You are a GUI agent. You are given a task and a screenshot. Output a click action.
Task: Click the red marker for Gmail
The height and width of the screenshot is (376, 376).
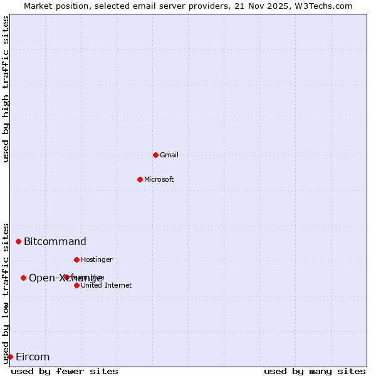coord(155,155)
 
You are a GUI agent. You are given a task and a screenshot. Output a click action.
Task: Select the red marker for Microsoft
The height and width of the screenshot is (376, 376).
coord(140,179)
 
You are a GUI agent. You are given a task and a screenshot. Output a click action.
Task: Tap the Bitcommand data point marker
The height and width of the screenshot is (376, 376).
coord(18,241)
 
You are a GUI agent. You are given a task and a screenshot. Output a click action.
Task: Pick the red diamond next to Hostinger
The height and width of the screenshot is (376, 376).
coord(76,259)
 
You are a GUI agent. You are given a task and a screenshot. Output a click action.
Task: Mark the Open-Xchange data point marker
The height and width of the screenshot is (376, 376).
coord(23,278)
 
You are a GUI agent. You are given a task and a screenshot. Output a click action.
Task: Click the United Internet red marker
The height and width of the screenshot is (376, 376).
coord(76,285)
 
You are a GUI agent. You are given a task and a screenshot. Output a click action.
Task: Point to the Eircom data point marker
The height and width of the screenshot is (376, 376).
coord(10,357)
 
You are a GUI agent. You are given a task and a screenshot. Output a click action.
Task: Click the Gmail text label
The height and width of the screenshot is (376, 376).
coord(169,155)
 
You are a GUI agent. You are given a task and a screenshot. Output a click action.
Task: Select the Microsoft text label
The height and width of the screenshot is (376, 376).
coord(159,179)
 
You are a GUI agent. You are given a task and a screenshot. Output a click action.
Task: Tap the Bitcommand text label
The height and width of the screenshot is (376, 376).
coord(55,241)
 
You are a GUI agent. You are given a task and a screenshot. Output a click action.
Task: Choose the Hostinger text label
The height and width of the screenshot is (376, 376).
coord(97,259)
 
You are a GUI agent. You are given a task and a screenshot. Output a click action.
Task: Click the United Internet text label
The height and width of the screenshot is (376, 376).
coord(106,285)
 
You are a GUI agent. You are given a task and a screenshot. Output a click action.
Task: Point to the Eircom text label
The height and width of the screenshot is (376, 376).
coord(33,357)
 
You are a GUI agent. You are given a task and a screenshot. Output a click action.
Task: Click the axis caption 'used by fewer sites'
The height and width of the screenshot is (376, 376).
coord(65,371)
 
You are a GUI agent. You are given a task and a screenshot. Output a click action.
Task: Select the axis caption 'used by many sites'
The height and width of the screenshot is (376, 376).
coord(315,371)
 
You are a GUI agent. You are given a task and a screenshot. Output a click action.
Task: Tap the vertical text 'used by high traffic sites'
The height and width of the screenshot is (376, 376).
coord(6,89)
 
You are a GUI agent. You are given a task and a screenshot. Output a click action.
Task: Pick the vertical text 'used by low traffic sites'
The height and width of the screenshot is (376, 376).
coord(6,293)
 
